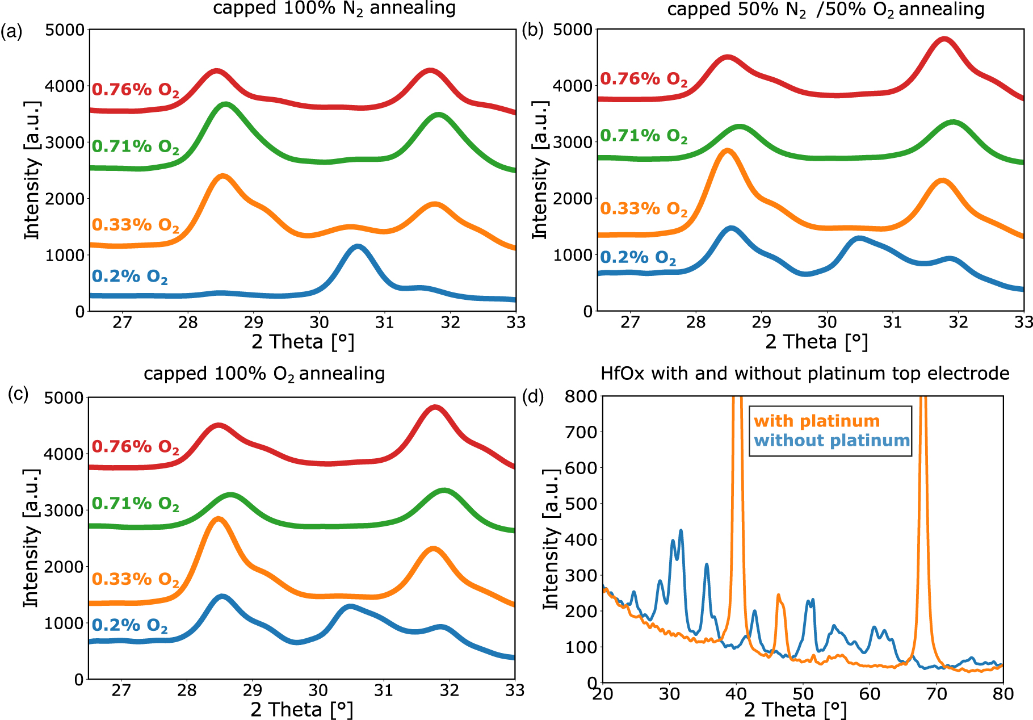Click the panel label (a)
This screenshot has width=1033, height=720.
pyautogui.click(x=11, y=31)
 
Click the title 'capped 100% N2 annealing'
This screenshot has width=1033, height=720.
pyautogui.click(x=334, y=9)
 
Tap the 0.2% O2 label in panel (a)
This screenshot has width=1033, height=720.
pyautogui.click(x=129, y=277)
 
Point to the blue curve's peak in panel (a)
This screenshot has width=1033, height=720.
pyautogui.click(x=357, y=246)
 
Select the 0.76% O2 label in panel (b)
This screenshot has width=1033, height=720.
pyautogui.click(x=644, y=79)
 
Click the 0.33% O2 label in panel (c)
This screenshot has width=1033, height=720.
pyautogui.click(x=135, y=579)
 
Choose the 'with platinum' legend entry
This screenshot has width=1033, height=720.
pyautogui.click(x=816, y=421)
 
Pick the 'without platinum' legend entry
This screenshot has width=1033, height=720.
pyautogui.click(x=832, y=441)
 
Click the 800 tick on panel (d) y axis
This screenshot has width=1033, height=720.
pyautogui.click(x=580, y=396)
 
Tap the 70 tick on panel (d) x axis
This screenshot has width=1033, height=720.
pyautogui.click(x=937, y=694)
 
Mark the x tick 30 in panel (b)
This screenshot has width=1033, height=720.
pyautogui.click(x=827, y=323)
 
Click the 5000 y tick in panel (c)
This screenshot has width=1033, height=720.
pyautogui.click(x=64, y=398)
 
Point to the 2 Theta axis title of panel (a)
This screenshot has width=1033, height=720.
pyautogui.click(x=303, y=342)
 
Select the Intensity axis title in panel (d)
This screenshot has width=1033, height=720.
pyautogui.click(x=551, y=539)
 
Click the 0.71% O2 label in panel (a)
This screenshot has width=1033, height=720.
pyautogui.click(x=135, y=146)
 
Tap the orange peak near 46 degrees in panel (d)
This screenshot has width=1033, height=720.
pyautogui.click(x=778, y=596)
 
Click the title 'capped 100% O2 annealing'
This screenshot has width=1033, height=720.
pyautogui.click(x=264, y=374)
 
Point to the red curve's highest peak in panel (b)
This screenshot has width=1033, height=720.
pyautogui.click(x=944, y=39)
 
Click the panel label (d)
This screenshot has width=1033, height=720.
pyautogui.click(x=532, y=397)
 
